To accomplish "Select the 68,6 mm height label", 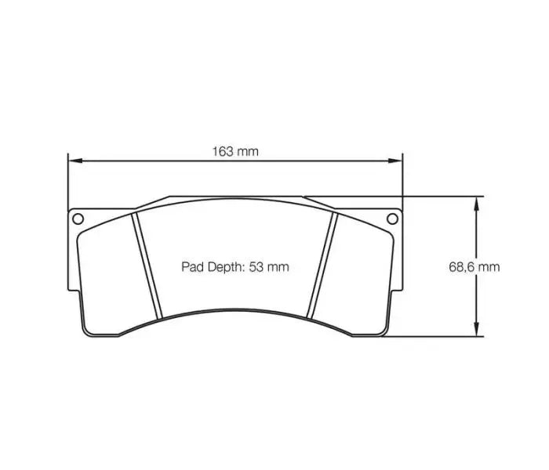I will click(x=474, y=266).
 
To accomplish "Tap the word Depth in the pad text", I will click(x=225, y=267).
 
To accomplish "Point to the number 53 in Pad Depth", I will click(x=256, y=267).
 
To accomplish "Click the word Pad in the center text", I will click(x=193, y=267).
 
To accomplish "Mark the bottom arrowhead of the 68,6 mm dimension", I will click(x=476, y=332).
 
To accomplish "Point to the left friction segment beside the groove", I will click(x=110, y=266).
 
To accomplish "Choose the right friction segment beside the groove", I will click(x=361, y=266).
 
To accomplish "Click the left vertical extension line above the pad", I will click(x=68, y=180).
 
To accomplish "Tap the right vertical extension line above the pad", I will click(x=402, y=180).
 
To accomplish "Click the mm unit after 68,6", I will click(x=489, y=266).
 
